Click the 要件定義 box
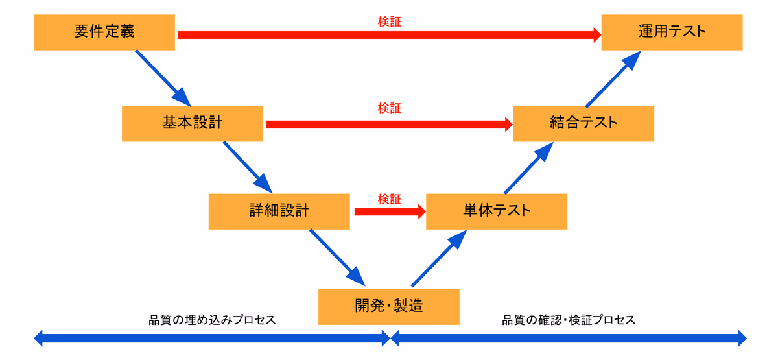click(x=104, y=32)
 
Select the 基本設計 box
click(x=193, y=124)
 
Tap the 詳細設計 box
click(x=279, y=211)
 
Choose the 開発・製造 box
click(x=389, y=307)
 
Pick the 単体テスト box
click(x=497, y=211)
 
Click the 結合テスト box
click(x=583, y=124)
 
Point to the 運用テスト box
click(x=672, y=32)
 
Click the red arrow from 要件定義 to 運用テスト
click(x=390, y=35)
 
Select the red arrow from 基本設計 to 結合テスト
click(x=390, y=125)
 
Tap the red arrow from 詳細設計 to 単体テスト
click(x=390, y=212)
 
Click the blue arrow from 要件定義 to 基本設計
click(x=163, y=78)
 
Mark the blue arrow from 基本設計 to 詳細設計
click(x=248, y=167)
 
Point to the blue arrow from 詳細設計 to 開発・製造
click(x=338, y=258)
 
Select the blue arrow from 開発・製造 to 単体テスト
click(x=439, y=259)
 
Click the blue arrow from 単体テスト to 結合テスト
click(x=528, y=168)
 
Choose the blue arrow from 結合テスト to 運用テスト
click(x=613, y=79)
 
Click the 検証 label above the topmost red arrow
click(x=390, y=21)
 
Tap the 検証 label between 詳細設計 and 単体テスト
click(x=390, y=199)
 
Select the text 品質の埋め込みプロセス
click(x=212, y=320)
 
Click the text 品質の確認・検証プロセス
click(x=569, y=320)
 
